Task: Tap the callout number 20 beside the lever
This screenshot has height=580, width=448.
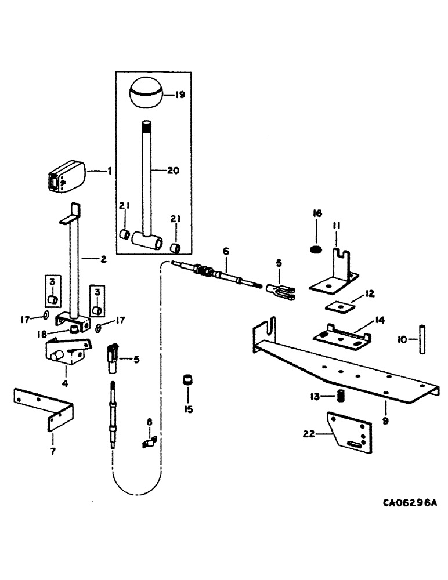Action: point(174,171)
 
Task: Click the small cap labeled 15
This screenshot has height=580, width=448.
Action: point(187,380)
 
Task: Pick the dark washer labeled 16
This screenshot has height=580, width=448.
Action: point(316,250)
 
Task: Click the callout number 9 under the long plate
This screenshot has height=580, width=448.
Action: point(384,422)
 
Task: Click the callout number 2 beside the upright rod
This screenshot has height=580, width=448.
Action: point(103,259)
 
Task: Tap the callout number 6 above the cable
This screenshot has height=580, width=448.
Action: point(226,251)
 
